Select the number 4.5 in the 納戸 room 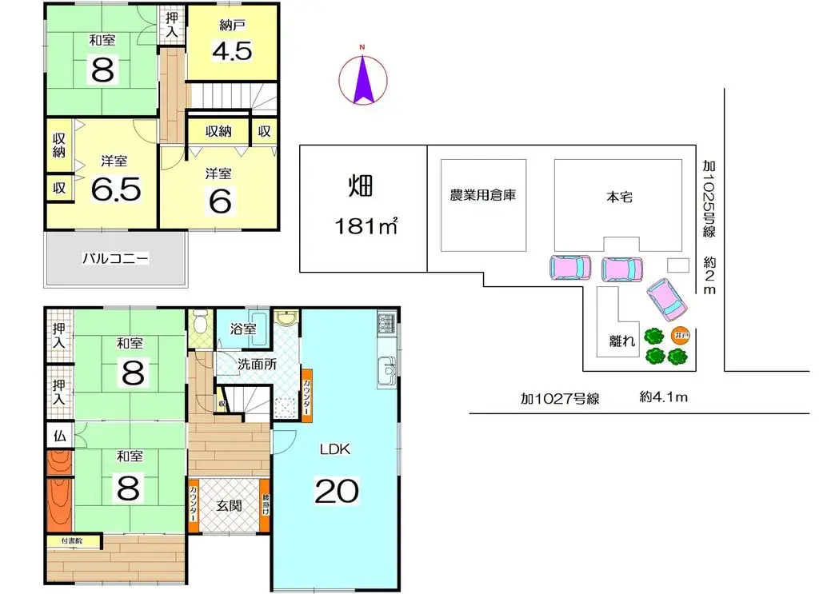[x=232, y=52]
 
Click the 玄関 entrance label [x=229, y=505]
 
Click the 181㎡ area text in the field [x=366, y=226]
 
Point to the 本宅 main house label [x=619, y=196]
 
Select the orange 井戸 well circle [x=680, y=336]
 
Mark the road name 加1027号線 [x=560, y=397]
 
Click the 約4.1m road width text [x=664, y=397]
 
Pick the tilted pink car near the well [x=666, y=298]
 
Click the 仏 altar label [x=59, y=437]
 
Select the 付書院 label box [x=74, y=541]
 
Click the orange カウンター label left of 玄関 [x=194, y=504]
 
